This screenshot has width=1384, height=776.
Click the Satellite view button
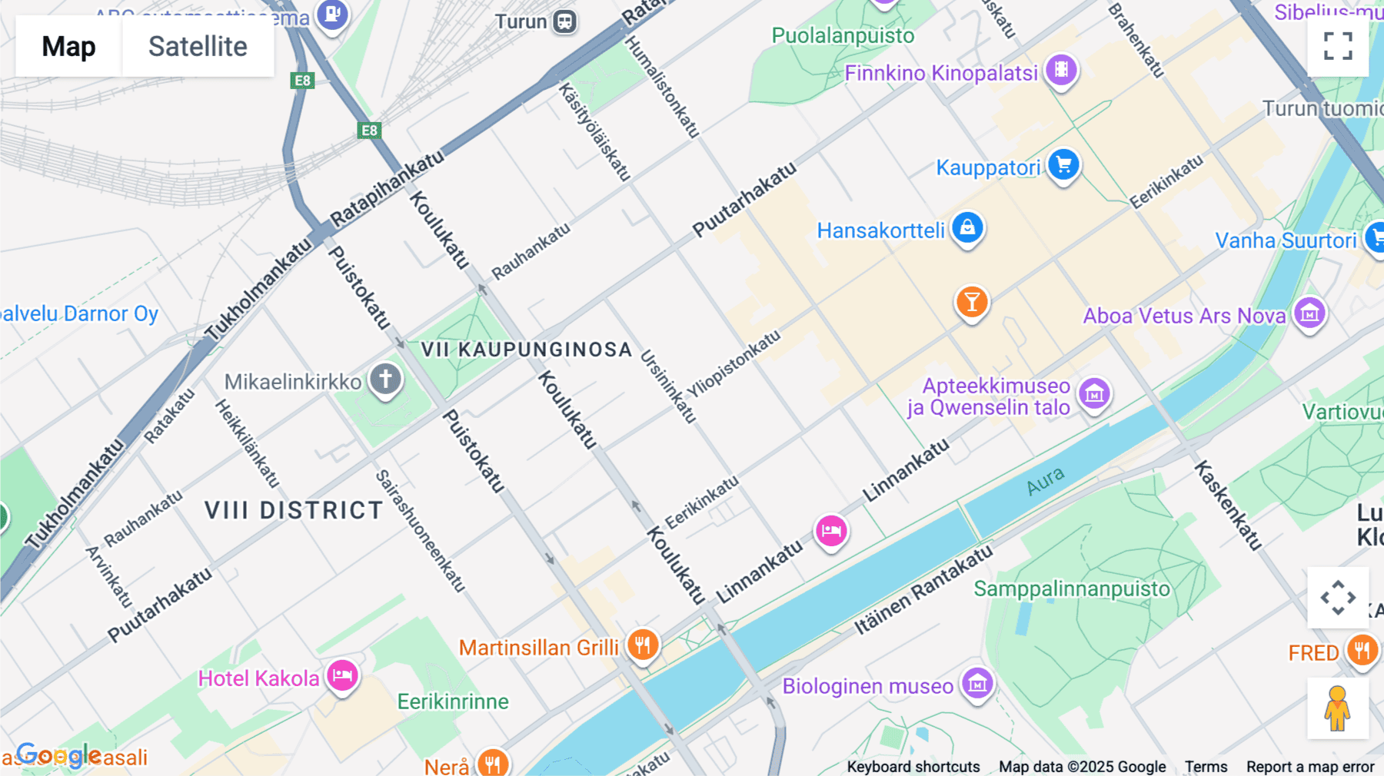pyautogui.click(x=198, y=46)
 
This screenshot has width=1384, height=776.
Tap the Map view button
pyautogui.click(x=68, y=46)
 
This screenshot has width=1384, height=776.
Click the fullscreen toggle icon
pyautogui.click(x=1338, y=46)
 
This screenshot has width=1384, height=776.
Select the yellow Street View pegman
pyautogui.click(x=1338, y=708)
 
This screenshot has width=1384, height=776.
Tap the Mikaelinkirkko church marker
pyautogui.click(x=386, y=379)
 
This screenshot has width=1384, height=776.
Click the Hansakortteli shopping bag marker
pyautogui.click(x=967, y=228)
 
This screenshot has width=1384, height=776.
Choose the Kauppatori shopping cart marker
pyautogui.click(x=1064, y=165)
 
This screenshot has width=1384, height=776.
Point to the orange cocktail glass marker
pyautogui.click(x=972, y=302)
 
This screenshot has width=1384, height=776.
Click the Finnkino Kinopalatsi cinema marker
pyautogui.click(x=1061, y=71)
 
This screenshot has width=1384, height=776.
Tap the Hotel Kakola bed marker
pyautogui.click(x=342, y=676)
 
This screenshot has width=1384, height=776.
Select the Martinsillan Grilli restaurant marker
pyautogui.click(x=643, y=645)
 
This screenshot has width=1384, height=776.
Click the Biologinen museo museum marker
pyautogui.click(x=977, y=683)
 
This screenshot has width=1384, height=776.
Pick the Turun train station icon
pyautogui.click(x=565, y=22)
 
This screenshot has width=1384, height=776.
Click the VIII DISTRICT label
pyautogui.click(x=294, y=510)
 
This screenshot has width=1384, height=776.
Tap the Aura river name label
pyautogui.click(x=1046, y=482)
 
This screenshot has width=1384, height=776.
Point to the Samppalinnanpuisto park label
pyautogui.click(x=1072, y=589)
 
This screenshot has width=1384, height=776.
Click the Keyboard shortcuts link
pyautogui.click(x=913, y=767)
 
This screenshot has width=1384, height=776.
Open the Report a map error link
pyautogui.click(x=1310, y=767)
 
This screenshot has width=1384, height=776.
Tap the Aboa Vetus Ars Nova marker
pyautogui.click(x=1309, y=313)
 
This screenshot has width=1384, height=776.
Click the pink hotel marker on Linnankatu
pyautogui.click(x=831, y=531)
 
